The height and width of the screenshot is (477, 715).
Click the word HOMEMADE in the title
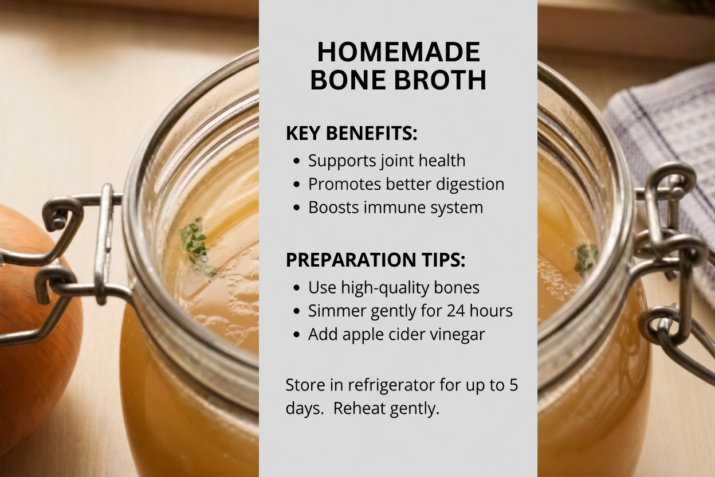398,52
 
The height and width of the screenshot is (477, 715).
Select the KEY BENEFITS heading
351,134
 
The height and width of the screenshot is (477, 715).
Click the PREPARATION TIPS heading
375,260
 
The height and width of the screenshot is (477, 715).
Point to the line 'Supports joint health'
386,161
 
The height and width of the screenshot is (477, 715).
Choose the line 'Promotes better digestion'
406,184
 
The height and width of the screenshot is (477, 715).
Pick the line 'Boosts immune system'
395,207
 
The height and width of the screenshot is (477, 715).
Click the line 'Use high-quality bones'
394,287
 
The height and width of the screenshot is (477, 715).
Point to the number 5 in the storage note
513,385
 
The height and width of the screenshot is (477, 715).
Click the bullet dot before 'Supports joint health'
296,162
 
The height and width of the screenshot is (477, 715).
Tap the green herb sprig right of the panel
585,256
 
